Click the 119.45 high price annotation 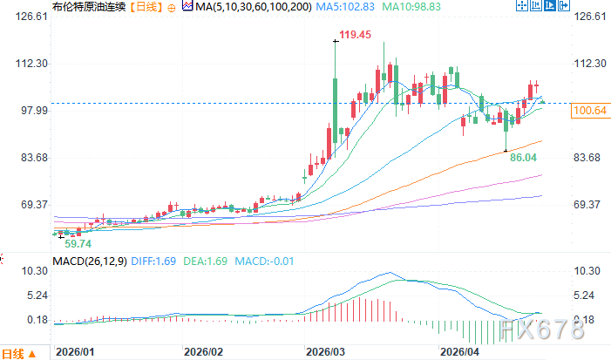tap(355, 36)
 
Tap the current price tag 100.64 tap(587, 111)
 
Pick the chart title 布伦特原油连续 tap(40, 7)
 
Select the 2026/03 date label tap(325, 352)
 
